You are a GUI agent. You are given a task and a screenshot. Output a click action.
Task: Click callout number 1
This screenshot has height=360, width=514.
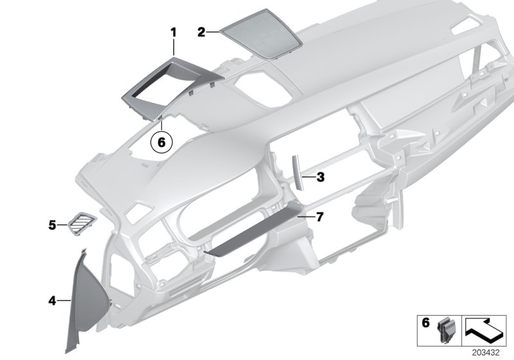pyautogui.click(x=173, y=31)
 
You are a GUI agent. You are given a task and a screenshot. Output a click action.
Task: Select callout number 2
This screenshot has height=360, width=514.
pyautogui.click(x=201, y=31)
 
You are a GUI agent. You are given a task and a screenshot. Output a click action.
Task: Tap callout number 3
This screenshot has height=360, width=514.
pyautogui.click(x=320, y=175)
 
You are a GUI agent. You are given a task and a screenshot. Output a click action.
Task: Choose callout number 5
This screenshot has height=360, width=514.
pyautogui.click(x=52, y=225)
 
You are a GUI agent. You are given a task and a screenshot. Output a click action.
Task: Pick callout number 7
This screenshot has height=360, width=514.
pyautogui.click(x=320, y=217)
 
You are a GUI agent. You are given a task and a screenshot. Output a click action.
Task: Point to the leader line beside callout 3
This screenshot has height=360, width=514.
pyautogui.click(x=309, y=175)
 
